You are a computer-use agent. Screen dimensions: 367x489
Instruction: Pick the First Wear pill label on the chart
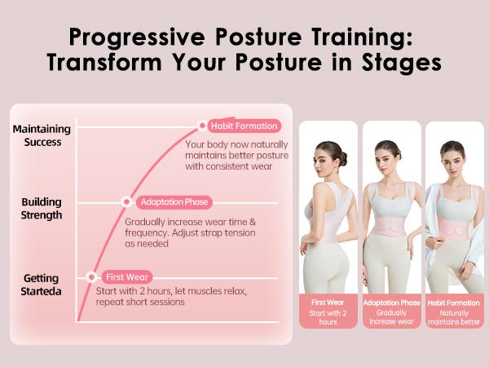click(128, 277)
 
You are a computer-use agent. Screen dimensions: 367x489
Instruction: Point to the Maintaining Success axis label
click(42, 135)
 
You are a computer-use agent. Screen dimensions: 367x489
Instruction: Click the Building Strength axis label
click(42, 209)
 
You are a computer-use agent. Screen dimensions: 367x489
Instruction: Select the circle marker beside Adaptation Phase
click(127, 201)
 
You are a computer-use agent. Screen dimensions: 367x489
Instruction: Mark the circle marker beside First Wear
click(90, 277)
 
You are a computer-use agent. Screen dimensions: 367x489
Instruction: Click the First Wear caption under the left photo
click(328, 303)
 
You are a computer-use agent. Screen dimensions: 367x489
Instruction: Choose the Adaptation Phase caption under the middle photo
click(392, 303)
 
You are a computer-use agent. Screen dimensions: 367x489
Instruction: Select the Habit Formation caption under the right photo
click(454, 303)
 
